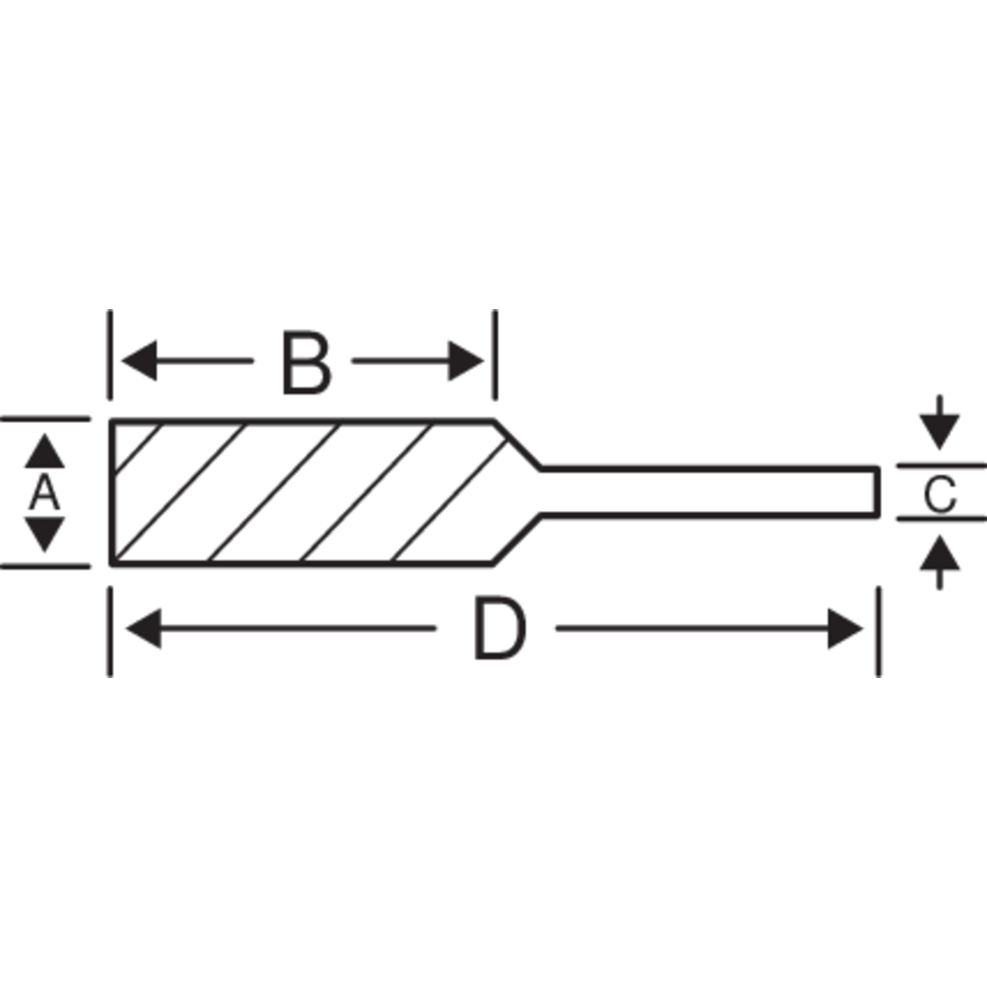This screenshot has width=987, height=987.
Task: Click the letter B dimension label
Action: pyautogui.click(x=306, y=362)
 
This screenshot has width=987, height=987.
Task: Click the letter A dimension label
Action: pyautogui.click(x=44, y=493)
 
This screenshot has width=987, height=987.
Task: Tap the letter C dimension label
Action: pyautogui.click(x=940, y=494)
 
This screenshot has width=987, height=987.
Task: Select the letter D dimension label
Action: pyautogui.click(x=500, y=629)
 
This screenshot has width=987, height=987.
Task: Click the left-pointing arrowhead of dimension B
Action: pyautogui.click(x=139, y=360)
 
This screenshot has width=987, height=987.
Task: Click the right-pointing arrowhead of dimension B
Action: pyautogui.click(x=466, y=361)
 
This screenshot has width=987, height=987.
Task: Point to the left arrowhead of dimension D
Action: pyautogui.click(x=143, y=629)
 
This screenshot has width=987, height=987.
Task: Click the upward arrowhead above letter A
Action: pyautogui.click(x=44, y=451)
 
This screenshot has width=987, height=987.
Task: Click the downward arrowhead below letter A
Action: pyautogui.click(x=44, y=535)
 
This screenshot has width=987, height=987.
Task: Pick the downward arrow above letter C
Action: pyautogui.click(x=940, y=423)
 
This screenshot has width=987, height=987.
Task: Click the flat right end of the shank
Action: pyautogui.click(x=877, y=492)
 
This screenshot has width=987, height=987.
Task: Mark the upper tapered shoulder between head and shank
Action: pyautogui.click(x=518, y=444)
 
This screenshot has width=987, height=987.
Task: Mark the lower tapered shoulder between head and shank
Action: pyautogui.click(x=518, y=539)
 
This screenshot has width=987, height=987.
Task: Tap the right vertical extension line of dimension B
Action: pyautogui.click(x=495, y=354)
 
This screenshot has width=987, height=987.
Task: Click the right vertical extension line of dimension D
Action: pyautogui.click(x=878, y=632)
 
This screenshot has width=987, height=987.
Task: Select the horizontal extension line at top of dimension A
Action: pyautogui.click(x=45, y=419)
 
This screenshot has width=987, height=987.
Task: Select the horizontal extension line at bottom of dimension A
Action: pyautogui.click(x=45, y=566)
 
